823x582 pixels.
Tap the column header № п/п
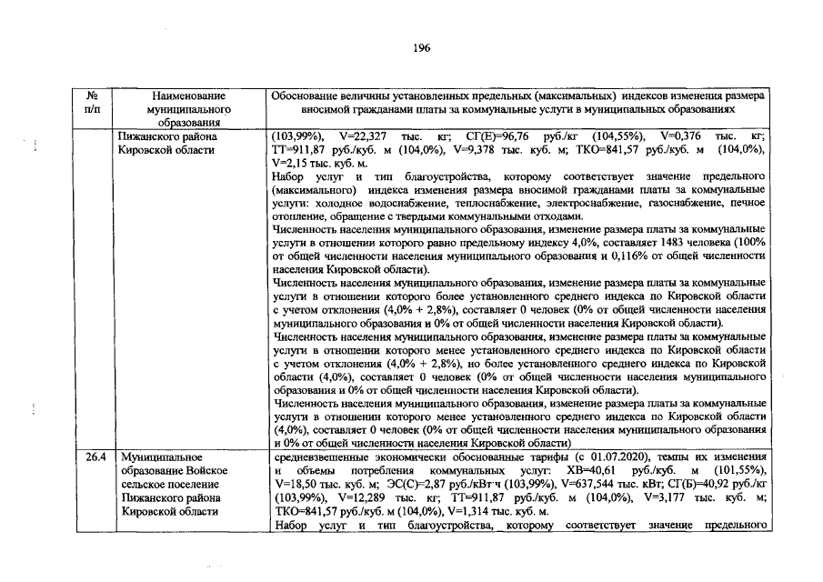point(92,101)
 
